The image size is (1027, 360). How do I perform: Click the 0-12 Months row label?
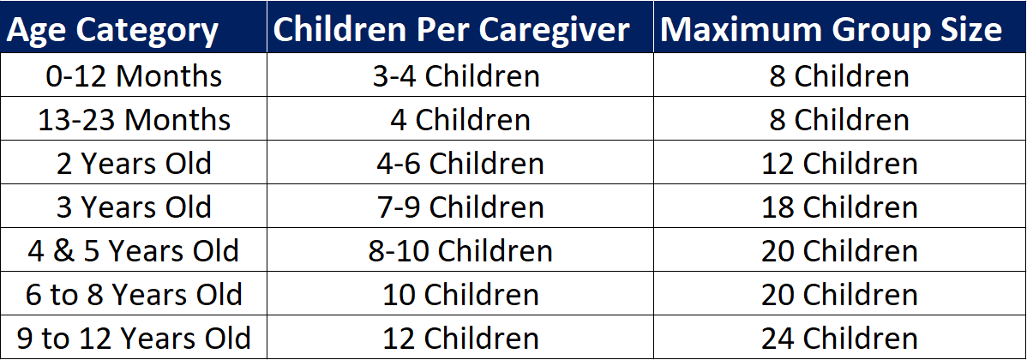[134, 76]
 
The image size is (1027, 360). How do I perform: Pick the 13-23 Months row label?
[134, 120]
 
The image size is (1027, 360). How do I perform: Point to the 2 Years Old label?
[134, 164]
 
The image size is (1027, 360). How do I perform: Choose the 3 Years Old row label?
[134, 207]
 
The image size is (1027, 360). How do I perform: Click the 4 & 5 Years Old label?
[134, 251]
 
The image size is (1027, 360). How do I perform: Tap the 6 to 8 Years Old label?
[134, 295]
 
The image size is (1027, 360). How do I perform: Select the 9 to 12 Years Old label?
[134, 339]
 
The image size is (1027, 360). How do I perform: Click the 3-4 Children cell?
[456, 76]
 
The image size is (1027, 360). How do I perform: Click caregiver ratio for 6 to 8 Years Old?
[460, 295]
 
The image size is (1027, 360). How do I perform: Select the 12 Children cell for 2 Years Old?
[839, 164]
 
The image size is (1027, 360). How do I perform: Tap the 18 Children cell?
[839, 207]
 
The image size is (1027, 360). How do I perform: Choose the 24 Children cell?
[839, 339]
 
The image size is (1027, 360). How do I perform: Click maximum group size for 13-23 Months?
[839, 120]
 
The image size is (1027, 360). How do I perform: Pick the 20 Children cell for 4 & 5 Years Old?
[839, 251]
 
